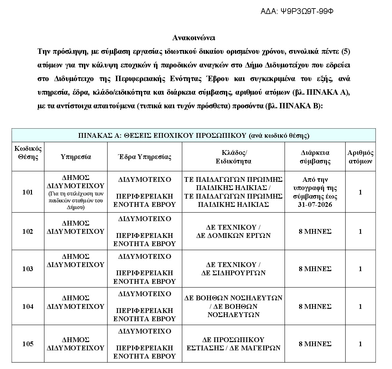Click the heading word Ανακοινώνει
click(193, 38)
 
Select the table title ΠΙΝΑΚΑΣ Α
click(193, 136)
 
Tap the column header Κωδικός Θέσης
click(28, 152)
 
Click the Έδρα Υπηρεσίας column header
click(144, 157)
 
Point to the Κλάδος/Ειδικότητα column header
click(233, 157)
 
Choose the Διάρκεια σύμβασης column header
click(315, 157)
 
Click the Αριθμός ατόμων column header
click(360, 157)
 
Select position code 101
click(28, 192)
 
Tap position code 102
click(28, 232)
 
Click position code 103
click(28, 269)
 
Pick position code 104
click(28, 306)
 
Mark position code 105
click(28, 344)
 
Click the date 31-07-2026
click(315, 205)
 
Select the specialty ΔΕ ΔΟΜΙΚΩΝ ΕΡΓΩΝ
click(233, 236)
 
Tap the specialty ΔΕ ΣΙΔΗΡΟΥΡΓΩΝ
click(233, 273)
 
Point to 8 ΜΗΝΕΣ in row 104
click(315, 306)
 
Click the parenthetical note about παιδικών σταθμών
click(76, 200)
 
